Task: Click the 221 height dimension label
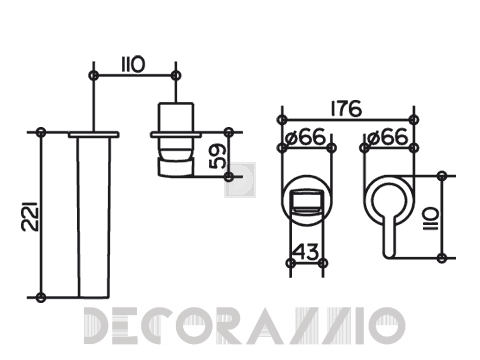(x=30, y=217)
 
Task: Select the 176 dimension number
(x=346, y=108)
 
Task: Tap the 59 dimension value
(x=217, y=156)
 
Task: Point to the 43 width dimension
(x=307, y=252)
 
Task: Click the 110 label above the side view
(x=133, y=64)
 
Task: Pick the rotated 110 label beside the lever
(x=430, y=218)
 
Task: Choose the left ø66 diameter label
(x=306, y=137)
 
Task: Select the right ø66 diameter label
(x=388, y=137)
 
